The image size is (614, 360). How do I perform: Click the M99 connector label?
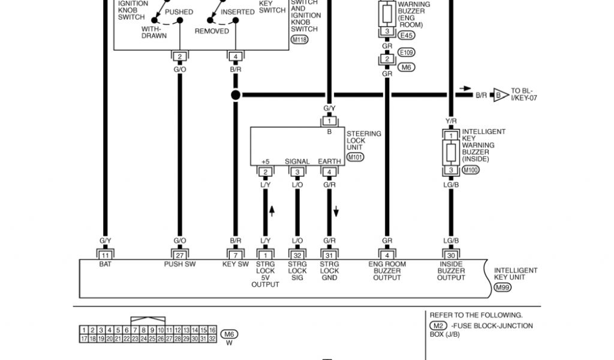[503, 288]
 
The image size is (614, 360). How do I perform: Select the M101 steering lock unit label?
[356, 157]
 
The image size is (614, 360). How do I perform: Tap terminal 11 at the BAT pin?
[105, 255]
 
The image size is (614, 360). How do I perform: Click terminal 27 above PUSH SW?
[179, 255]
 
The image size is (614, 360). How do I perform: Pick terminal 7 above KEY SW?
[235, 255]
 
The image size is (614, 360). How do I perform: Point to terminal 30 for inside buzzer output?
[450, 255]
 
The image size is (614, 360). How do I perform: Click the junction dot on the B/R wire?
[236, 95]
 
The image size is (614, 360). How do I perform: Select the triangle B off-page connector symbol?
[499, 95]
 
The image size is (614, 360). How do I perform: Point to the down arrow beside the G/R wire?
[336, 211]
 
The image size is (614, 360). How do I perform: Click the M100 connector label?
[471, 170]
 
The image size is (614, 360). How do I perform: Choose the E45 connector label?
[406, 35]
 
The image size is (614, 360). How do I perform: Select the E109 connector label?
[406, 52]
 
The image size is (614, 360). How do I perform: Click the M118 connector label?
[299, 40]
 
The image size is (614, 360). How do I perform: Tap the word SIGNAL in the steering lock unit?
[297, 161]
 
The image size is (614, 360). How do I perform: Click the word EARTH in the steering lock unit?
[329, 161]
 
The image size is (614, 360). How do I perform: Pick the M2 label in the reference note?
[437, 326]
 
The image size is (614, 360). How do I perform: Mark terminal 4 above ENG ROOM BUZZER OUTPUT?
[387, 255]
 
